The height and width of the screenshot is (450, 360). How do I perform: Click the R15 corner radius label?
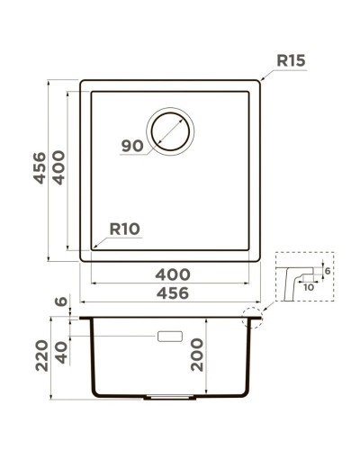click(x=292, y=62)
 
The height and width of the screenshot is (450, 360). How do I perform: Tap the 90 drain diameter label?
click(x=131, y=145)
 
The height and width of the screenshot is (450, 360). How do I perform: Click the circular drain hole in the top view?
click(x=170, y=130)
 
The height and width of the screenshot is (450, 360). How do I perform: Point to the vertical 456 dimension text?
click(x=40, y=168)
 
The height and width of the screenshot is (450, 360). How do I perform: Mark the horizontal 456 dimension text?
click(x=172, y=293)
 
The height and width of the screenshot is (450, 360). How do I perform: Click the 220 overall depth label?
click(x=40, y=359)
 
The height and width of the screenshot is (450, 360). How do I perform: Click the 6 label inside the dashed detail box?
click(x=327, y=271)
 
